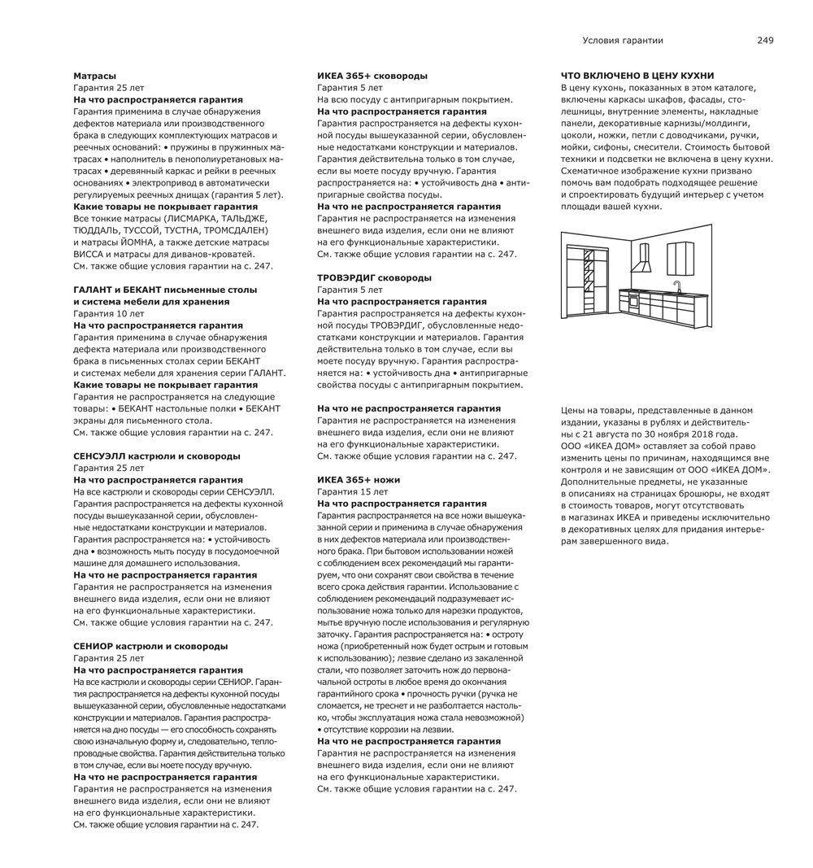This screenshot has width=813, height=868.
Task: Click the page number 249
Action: (764, 40)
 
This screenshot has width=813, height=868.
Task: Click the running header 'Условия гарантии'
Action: (623, 40)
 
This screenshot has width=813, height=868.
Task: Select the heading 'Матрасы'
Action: (94, 76)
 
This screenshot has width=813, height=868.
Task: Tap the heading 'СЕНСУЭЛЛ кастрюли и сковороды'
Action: (156, 456)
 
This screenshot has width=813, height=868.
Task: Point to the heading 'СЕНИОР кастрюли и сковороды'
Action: (150, 646)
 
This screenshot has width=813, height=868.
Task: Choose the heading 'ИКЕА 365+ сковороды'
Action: (372, 76)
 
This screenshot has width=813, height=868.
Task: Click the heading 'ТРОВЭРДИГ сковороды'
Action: (374, 277)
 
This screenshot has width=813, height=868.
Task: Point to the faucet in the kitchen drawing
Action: (676, 286)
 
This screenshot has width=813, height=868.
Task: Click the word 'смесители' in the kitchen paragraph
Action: (655, 147)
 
